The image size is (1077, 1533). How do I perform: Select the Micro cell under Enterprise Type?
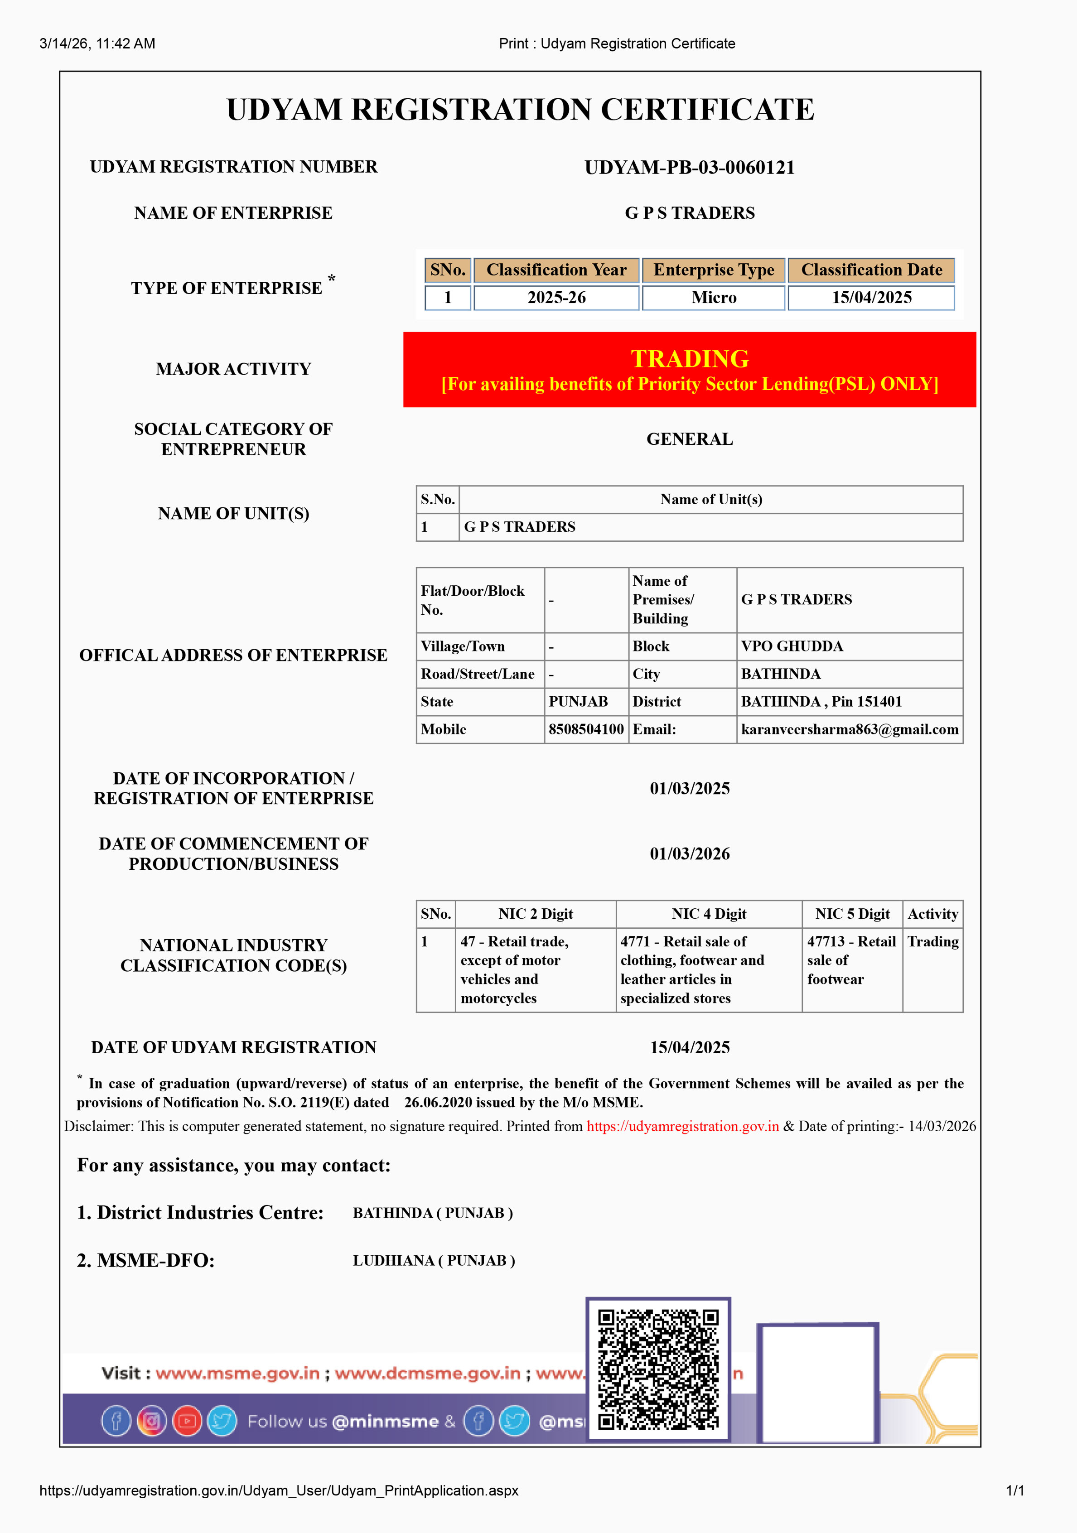(714, 298)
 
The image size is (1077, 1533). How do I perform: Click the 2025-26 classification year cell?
(556, 298)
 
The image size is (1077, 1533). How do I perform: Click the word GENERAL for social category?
(690, 439)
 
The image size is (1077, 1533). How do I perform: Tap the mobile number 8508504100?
(585, 729)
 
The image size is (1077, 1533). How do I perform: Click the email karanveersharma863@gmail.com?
(849, 729)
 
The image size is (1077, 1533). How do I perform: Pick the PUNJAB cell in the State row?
(578, 702)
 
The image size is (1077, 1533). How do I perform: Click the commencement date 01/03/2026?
(690, 854)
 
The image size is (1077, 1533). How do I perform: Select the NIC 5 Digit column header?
(852, 914)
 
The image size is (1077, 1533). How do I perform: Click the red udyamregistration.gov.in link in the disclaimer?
(682, 1126)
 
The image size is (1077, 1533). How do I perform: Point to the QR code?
(658, 1369)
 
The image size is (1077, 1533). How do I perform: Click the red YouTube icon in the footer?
(187, 1421)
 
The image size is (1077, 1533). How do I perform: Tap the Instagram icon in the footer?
(152, 1421)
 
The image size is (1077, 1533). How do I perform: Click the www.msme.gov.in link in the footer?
(238, 1374)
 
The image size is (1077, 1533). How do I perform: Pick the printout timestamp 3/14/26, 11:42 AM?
(97, 43)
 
